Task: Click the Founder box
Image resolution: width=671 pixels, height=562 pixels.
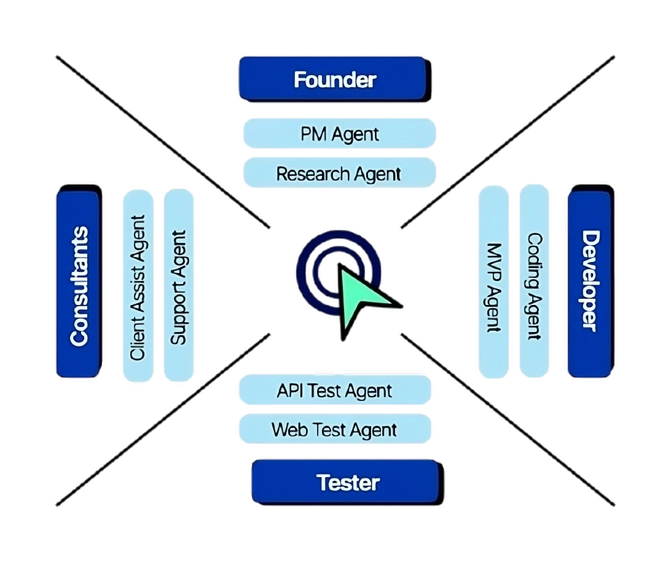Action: tap(334, 79)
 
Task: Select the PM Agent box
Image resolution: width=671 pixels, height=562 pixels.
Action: tap(340, 133)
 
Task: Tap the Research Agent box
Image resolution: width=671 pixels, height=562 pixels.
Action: tap(340, 173)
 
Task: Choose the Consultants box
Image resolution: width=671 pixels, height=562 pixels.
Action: tap(79, 285)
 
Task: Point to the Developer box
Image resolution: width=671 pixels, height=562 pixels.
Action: tap(590, 282)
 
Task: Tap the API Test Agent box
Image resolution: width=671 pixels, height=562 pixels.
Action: tap(334, 390)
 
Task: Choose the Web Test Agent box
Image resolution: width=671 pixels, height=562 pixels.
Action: tap(334, 429)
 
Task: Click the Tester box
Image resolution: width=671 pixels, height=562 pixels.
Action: tap(347, 482)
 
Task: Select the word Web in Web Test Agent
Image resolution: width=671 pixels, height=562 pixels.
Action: tap(286, 429)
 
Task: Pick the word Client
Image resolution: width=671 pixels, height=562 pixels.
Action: tap(138, 341)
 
